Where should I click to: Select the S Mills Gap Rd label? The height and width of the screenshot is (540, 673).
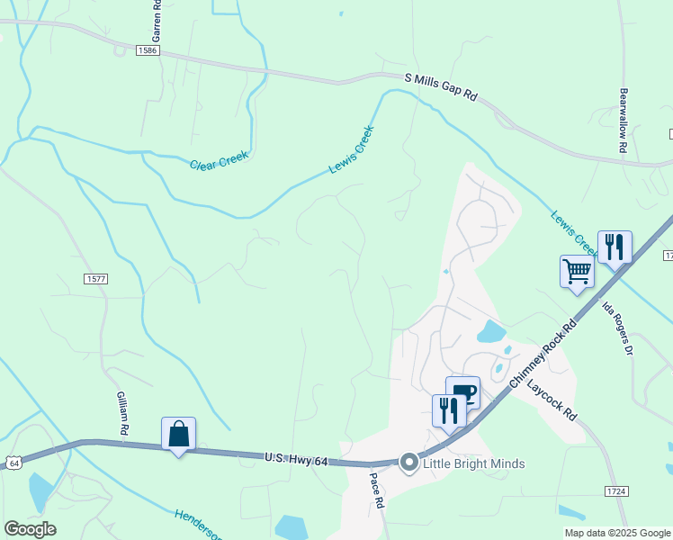[441, 86]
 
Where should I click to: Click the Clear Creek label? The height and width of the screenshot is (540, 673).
[219, 160]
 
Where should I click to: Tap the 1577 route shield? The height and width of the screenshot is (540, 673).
[96, 279]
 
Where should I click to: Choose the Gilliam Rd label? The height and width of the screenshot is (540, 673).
[123, 414]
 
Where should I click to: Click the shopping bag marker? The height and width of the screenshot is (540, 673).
[179, 434]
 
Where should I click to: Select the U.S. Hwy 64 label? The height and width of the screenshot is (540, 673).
[298, 458]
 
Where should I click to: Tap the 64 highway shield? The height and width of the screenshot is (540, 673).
[12, 462]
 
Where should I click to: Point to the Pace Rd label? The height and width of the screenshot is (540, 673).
[378, 491]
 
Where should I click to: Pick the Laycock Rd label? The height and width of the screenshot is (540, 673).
[552, 401]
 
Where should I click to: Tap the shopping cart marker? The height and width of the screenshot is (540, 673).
[577, 271]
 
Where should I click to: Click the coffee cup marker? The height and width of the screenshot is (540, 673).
[463, 391]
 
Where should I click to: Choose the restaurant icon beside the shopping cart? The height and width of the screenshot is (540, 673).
[615, 246]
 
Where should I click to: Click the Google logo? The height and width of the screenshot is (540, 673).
[30, 529]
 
